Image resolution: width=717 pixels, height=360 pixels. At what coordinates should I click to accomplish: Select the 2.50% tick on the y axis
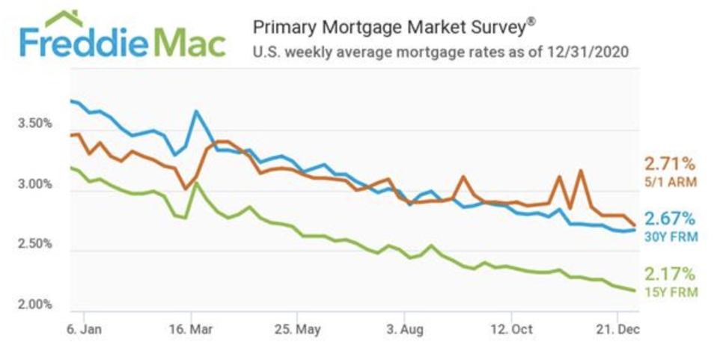click(x=34, y=245)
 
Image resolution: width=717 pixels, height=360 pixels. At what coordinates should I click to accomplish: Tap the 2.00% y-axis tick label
click(x=34, y=305)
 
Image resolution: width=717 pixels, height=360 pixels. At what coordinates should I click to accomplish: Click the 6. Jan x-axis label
click(x=83, y=329)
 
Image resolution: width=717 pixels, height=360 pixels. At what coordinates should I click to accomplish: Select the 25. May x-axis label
click(x=298, y=329)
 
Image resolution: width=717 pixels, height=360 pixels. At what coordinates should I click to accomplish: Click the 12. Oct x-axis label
click(x=513, y=329)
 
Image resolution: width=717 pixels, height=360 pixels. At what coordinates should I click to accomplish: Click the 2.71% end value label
click(x=669, y=164)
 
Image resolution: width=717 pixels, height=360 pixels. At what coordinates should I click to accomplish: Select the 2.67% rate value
click(x=669, y=219)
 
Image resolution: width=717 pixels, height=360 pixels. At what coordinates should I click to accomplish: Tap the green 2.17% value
click(x=669, y=275)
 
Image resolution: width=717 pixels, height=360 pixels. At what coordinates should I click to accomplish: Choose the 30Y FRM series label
click(x=670, y=237)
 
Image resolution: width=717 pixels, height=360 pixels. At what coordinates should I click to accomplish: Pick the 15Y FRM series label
click(x=671, y=292)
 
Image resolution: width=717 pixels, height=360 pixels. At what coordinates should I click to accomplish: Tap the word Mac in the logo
click(x=187, y=44)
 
